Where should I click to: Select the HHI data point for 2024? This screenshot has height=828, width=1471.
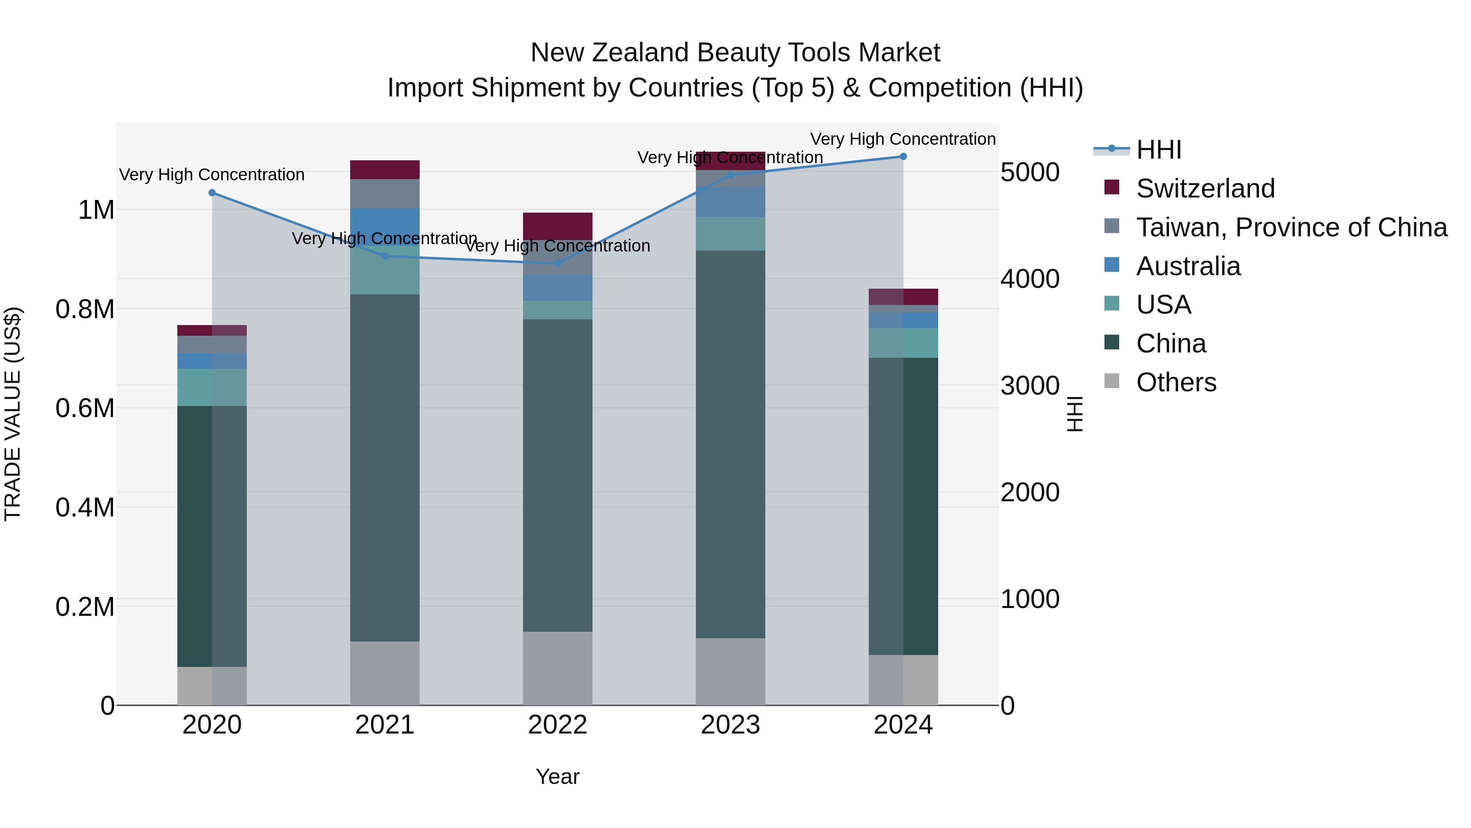(903, 157)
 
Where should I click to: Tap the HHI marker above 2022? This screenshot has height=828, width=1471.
(557, 263)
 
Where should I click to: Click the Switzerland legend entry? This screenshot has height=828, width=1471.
(1205, 188)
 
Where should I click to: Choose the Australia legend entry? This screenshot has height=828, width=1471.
(1188, 266)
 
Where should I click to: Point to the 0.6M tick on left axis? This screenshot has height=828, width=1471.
(85, 408)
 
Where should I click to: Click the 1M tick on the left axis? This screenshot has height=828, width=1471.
(96, 210)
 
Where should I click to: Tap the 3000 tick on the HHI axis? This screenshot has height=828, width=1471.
(1030, 386)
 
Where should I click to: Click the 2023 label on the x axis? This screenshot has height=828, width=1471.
(730, 725)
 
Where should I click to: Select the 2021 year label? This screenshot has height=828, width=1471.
(385, 725)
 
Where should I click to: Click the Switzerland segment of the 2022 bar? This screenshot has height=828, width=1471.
(557, 225)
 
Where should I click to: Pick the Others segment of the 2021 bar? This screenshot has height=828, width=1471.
(385, 673)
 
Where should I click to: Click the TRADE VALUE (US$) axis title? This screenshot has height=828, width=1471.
(13, 414)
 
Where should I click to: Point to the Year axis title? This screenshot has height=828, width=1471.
(557, 776)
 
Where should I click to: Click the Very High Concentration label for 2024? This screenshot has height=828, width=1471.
(902, 139)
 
